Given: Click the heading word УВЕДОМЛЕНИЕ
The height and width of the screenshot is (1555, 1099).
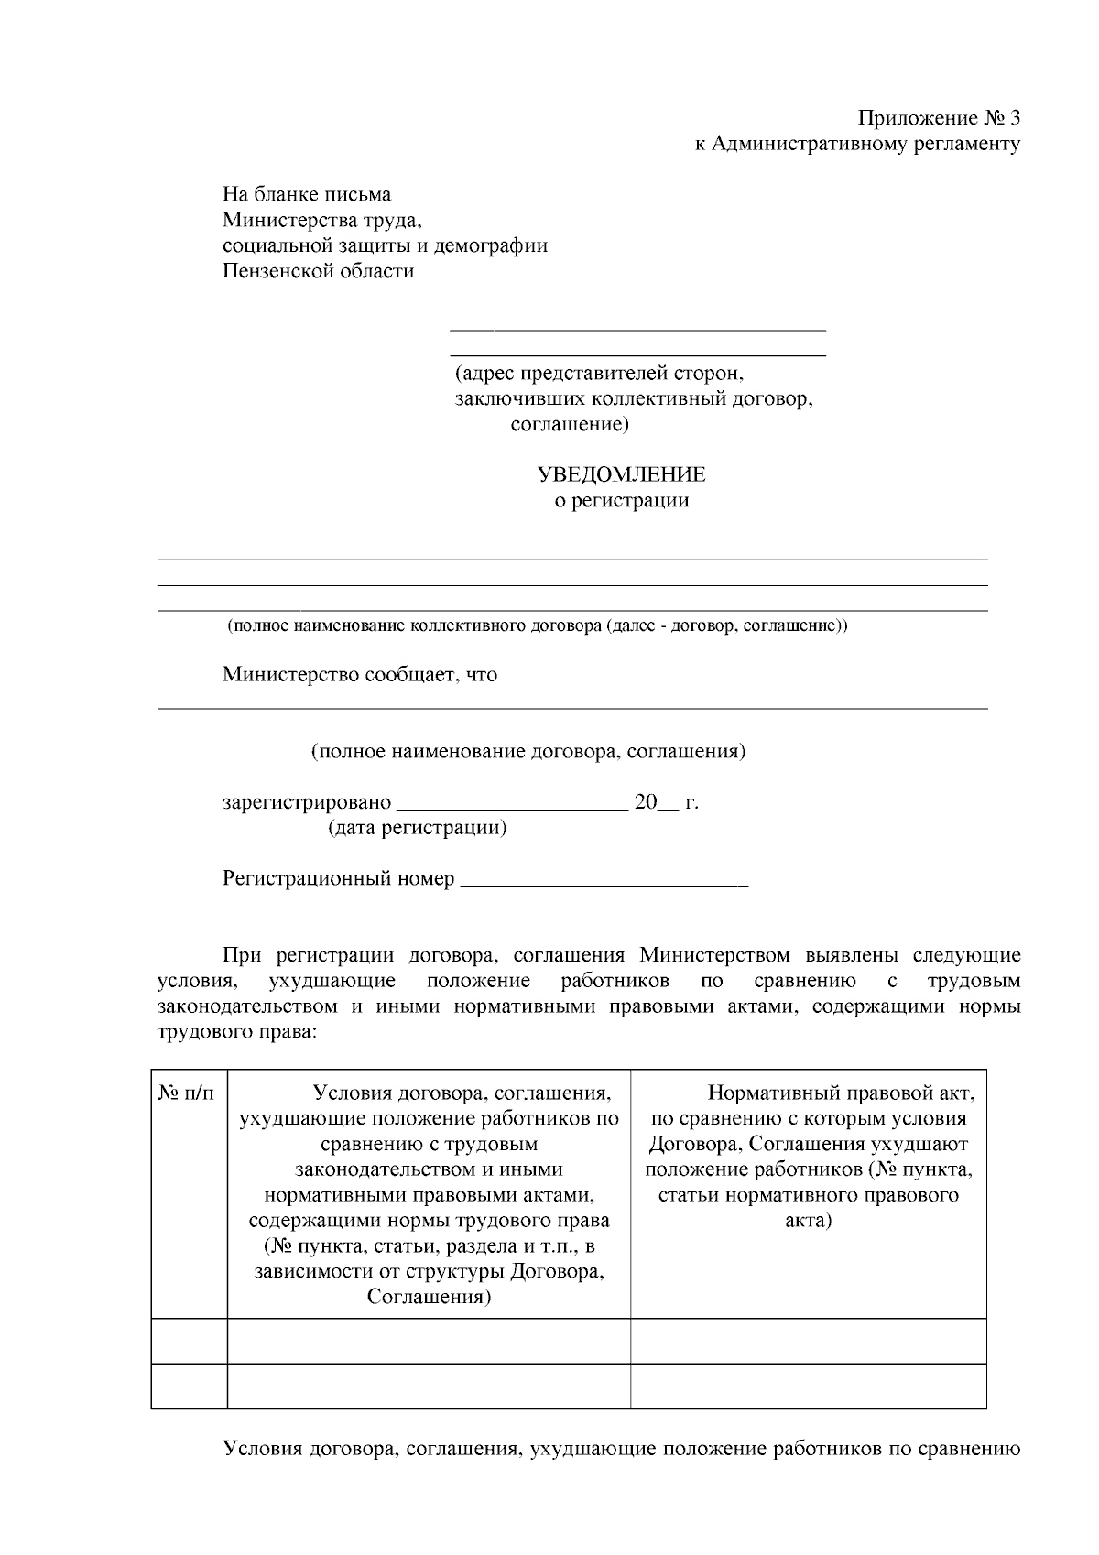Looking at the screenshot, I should pos(620,474).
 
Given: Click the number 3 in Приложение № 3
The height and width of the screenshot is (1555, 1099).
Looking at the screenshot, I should pos(1012,118).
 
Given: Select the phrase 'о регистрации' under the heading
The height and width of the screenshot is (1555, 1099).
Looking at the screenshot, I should pos(622,500).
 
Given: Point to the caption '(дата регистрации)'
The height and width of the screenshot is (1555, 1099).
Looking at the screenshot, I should pos(417,828).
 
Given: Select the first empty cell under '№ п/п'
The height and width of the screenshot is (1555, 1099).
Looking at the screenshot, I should pos(189,1341).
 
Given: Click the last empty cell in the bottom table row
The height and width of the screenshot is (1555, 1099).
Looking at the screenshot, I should pos(808,1385).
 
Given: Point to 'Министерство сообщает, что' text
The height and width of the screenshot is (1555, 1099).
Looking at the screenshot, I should pos(359,675).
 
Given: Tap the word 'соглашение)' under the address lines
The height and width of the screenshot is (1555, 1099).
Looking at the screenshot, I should pos(569,424).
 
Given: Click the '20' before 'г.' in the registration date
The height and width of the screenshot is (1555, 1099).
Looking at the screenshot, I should pos(646,803).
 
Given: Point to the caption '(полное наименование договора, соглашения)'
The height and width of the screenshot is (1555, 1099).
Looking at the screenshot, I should pos(528,752).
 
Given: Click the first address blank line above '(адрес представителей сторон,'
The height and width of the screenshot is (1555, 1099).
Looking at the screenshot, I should pos(637,328).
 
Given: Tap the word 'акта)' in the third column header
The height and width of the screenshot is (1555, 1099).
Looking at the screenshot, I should pos(808,1221).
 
